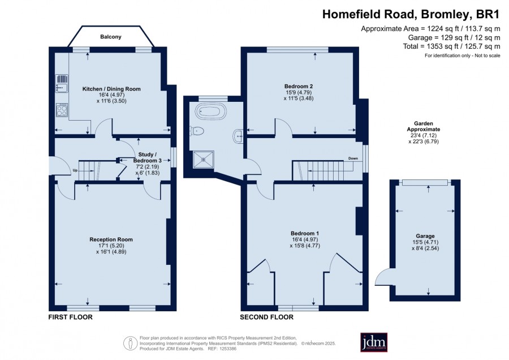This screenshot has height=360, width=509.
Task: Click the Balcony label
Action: (x=111, y=37)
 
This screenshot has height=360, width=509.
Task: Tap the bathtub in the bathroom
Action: (x=211, y=112)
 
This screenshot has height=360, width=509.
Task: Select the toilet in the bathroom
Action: (x=198, y=131)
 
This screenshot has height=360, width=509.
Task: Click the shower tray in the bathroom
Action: (x=204, y=160)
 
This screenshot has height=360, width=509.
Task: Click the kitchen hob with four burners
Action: (x=62, y=109)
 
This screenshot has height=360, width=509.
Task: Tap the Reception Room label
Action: (x=111, y=239)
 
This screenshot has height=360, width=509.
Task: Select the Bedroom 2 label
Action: (x=298, y=87)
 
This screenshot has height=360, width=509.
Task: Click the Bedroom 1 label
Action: (x=305, y=233)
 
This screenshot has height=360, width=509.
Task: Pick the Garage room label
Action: (x=425, y=236)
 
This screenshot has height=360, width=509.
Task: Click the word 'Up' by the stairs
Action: (x=75, y=170)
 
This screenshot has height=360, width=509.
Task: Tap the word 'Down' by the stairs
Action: (x=353, y=158)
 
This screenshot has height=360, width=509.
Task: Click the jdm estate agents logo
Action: (x=374, y=342)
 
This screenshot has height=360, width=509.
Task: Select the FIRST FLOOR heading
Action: (x=71, y=317)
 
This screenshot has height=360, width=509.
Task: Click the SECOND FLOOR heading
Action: (x=266, y=317)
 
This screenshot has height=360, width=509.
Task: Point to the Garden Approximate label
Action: (x=424, y=126)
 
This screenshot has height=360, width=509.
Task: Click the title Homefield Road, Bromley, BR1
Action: (x=411, y=14)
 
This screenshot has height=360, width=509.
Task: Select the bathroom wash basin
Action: (x=239, y=136)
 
